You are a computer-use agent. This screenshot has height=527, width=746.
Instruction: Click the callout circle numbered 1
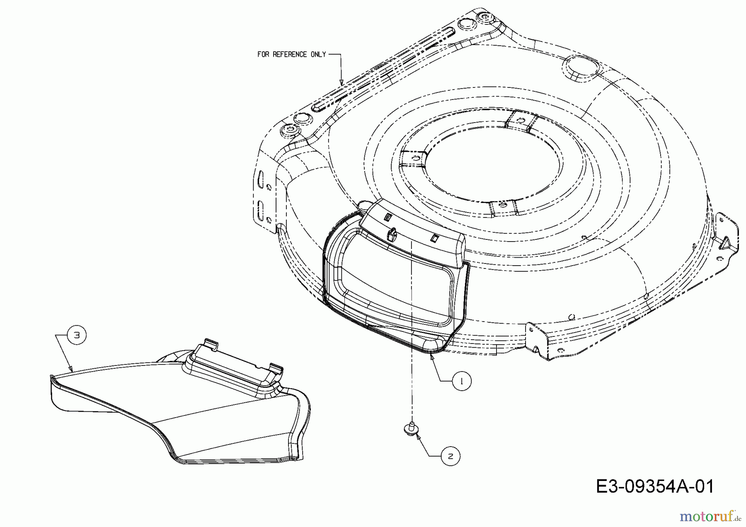462,381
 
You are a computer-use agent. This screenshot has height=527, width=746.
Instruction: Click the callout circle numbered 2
451,456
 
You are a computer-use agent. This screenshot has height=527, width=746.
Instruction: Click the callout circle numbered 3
77,335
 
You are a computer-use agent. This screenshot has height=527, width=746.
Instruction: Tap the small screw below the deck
412,428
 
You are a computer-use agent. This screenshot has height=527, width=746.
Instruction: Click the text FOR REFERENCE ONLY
292,54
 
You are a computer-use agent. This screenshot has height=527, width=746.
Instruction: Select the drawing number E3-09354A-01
655,486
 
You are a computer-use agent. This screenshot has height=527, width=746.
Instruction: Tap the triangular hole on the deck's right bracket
725,243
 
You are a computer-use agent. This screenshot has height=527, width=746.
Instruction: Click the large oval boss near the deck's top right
582,68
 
